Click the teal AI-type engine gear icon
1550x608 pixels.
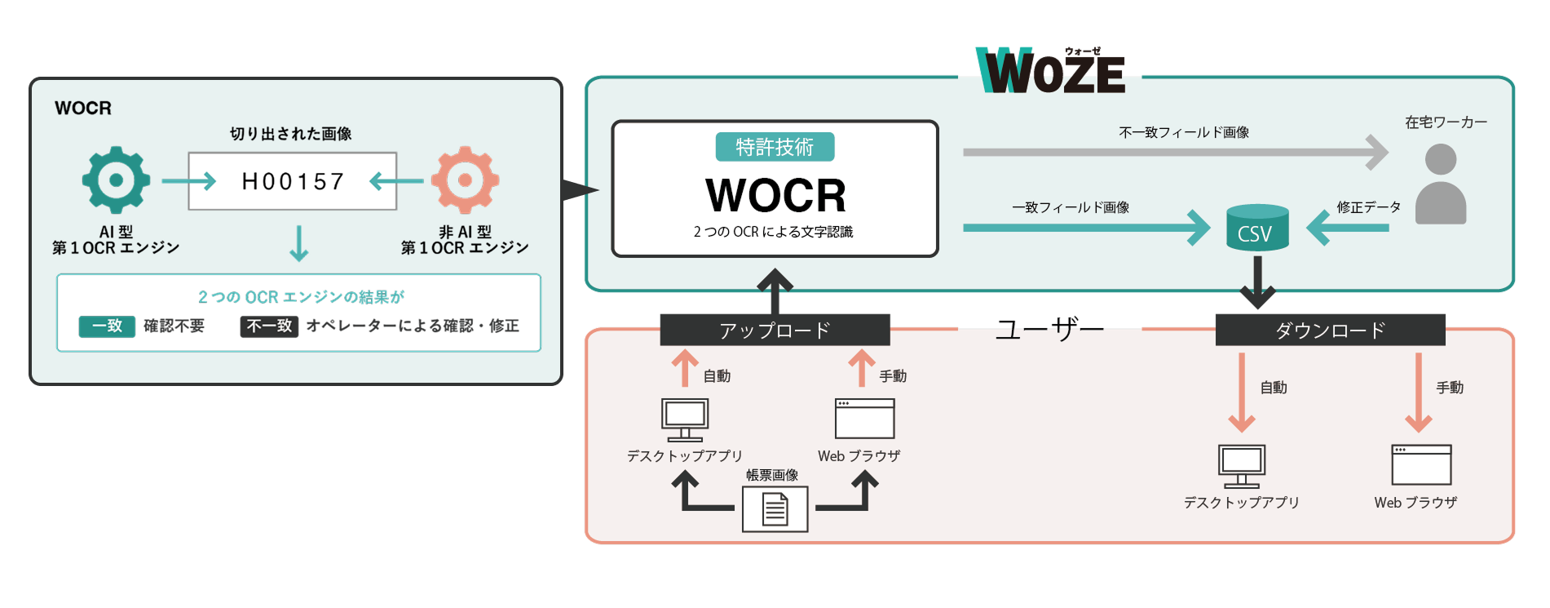116,180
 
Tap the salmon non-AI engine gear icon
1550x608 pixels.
465,180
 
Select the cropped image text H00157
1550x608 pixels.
293,181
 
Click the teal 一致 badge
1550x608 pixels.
107,326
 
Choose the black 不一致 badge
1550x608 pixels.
269,326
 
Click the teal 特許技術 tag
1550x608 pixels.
775,147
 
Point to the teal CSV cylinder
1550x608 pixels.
1256,228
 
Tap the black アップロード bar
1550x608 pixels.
775,330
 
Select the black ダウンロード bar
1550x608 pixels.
1330,330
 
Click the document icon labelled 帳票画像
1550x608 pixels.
775,509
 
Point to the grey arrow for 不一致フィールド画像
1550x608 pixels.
1174,153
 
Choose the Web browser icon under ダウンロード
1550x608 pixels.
1421,464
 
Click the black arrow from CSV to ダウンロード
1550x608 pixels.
1257,282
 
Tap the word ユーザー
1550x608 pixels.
1049,330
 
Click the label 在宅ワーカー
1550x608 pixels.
1446,122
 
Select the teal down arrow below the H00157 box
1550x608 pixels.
299,243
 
